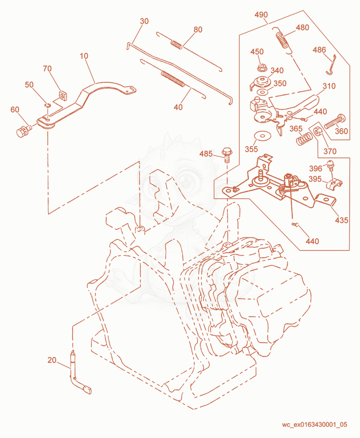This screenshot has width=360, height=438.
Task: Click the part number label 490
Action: [261, 14]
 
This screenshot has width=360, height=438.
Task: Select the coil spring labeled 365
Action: [304, 139]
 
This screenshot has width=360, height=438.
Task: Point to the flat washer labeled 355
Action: [262, 136]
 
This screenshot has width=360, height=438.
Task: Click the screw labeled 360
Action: [335, 121]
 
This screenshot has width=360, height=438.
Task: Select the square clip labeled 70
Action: [63, 95]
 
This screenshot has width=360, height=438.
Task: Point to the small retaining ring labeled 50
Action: [48, 105]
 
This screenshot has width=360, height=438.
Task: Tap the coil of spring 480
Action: [282, 41]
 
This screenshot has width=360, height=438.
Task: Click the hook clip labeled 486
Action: [332, 65]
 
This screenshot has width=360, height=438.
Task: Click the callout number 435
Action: [342, 220]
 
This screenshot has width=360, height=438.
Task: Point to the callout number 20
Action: [52, 360]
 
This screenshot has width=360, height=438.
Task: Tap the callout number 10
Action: [84, 56]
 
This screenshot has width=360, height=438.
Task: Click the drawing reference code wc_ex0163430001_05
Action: [315, 425]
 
